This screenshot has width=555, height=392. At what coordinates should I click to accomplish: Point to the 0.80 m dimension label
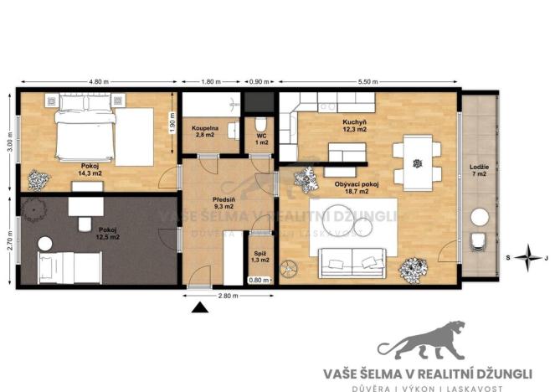coord(260,281)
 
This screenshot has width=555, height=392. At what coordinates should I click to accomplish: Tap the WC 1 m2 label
coord(260,140)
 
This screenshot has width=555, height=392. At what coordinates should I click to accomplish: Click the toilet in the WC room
coord(260,126)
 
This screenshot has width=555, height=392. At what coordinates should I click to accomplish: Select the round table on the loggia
coord(480,218)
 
